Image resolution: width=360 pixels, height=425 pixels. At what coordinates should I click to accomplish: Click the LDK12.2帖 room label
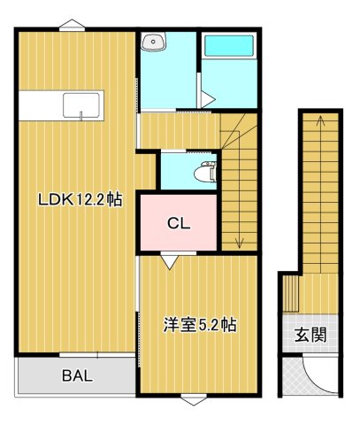tap(79, 199)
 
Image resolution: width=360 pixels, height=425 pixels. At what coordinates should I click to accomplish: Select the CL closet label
tap(178, 224)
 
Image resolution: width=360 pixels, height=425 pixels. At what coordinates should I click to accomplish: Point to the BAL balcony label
tap(76, 375)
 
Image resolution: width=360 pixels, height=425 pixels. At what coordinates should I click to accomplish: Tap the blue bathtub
tap(228, 46)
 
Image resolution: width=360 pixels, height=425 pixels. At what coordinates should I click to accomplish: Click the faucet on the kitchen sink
tap(82, 112)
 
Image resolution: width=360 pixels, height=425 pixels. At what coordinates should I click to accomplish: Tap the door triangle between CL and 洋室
tap(168, 261)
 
